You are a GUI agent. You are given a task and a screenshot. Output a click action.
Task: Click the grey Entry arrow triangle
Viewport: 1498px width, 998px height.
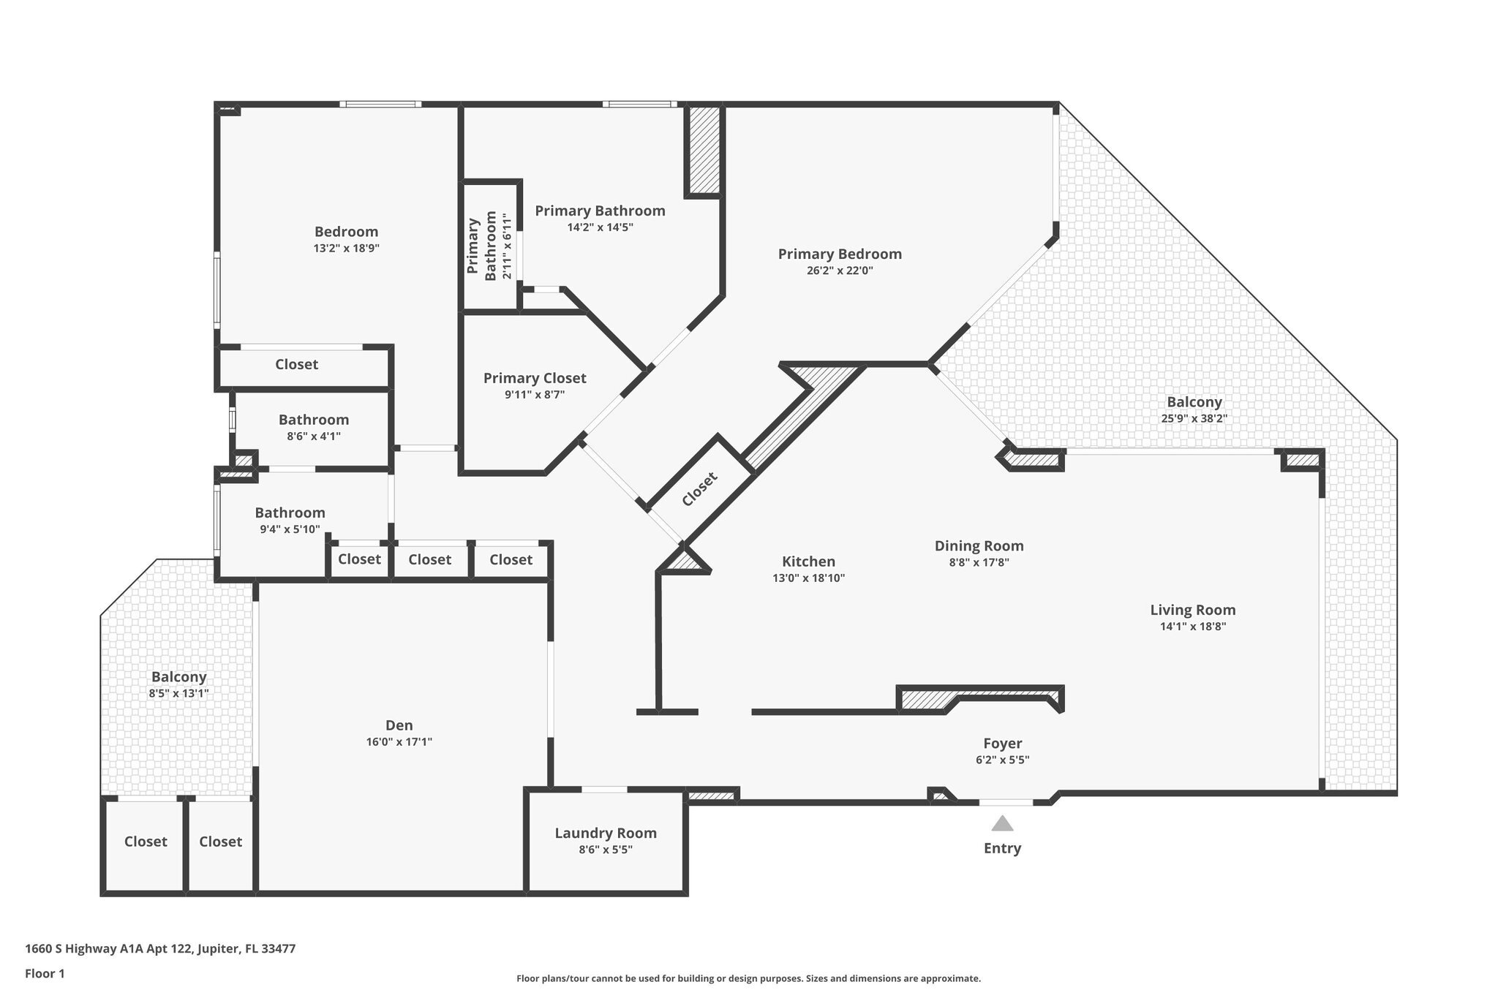(x=1002, y=824)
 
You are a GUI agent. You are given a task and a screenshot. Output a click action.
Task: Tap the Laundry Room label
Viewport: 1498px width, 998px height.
(x=606, y=833)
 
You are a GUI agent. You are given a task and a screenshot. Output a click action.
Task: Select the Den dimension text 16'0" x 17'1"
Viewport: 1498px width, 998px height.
(x=399, y=741)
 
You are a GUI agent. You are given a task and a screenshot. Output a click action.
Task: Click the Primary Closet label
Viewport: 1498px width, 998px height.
(x=535, y=378)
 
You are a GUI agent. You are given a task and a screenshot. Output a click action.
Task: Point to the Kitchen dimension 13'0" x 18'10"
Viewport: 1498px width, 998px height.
(x=808, y=578)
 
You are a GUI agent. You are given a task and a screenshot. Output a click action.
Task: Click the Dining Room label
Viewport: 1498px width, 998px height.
(x=979, y=545)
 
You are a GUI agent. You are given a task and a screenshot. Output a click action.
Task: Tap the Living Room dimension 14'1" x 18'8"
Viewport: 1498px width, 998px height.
(x=1192, y=626)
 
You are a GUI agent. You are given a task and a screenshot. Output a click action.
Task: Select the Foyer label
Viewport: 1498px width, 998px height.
(x=1002, y=744)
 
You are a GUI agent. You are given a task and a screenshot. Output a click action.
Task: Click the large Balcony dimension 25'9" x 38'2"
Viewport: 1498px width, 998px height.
(x=1194, y=418)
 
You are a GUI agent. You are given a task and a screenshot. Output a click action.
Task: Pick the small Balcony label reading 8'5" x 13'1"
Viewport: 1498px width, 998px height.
(x=178, y=692)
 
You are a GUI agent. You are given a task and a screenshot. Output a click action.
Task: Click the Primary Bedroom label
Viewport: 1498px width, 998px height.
(x=840, y=254)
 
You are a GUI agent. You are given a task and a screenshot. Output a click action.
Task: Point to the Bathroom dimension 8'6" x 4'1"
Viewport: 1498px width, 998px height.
(x=313, y=436)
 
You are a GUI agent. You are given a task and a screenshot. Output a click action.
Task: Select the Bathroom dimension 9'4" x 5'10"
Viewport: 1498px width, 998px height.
(x=290, y=529)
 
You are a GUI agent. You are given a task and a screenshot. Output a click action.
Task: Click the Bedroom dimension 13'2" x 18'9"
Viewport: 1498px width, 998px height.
(x=346, y=248)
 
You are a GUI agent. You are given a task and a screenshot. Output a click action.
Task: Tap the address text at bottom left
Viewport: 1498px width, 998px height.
(x=160, y=948)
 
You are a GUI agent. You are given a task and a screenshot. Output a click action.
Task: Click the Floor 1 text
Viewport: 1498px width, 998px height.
(x=45, y=973)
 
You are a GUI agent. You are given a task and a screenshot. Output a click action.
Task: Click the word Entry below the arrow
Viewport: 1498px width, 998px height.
(x=1002, y=848)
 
